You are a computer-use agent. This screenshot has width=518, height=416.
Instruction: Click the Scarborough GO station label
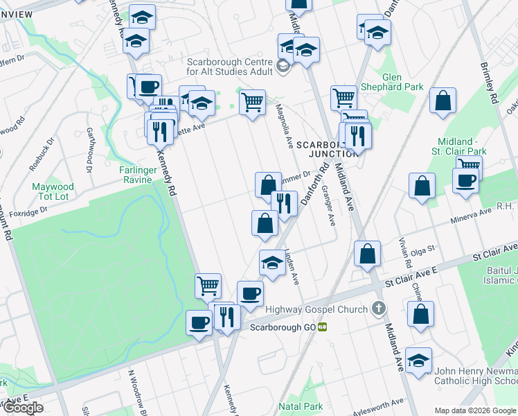pyautogui.click(x=282, y=327)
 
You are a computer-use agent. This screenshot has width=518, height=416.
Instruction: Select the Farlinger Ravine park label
pyautogui.click(x=129, y=170)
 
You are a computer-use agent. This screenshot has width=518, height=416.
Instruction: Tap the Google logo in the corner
pyautogui.click(x=23, y=408)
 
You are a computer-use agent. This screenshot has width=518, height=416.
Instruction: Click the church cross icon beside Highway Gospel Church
pyautogui.click(x=378, y=308)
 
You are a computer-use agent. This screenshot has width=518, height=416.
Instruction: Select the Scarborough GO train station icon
pyautogui.click(x=322, y=327)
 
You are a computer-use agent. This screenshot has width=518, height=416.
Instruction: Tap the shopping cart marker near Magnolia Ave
pyautogui.click(x=252, y=103)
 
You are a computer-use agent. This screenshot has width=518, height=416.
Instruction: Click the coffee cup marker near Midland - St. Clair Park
pyautogui.click(x=465, y=180)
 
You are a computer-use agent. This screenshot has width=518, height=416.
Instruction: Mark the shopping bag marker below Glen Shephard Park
pyautogui.click(x=443, y=101)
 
